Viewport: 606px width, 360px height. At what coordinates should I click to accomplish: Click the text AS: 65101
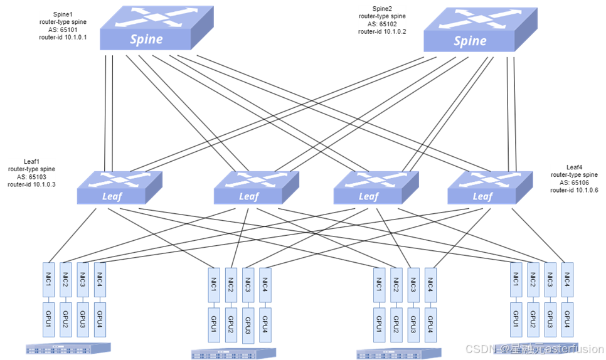[63, 29]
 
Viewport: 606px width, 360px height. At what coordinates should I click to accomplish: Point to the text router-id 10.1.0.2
[382, 31]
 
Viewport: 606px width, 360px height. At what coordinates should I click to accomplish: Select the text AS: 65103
[32, 177]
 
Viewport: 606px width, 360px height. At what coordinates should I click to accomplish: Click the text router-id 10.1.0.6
[575, 190]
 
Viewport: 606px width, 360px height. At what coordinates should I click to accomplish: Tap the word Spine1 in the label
[63, 14]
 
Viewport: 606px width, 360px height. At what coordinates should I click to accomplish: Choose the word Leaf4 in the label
[575, 167]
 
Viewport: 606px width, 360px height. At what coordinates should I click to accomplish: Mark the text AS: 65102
[382, 24]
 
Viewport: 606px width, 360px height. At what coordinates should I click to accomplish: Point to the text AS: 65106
[575, 183]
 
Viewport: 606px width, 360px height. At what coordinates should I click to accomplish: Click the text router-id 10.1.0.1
[63, 38]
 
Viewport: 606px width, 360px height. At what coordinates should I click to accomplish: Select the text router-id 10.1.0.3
[32, 184]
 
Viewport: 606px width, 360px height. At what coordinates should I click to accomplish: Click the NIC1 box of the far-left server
[48, 279]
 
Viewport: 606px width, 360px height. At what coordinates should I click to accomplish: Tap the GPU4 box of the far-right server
[567, 319]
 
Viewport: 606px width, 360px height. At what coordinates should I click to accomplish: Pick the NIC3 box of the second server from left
[247, 283]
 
